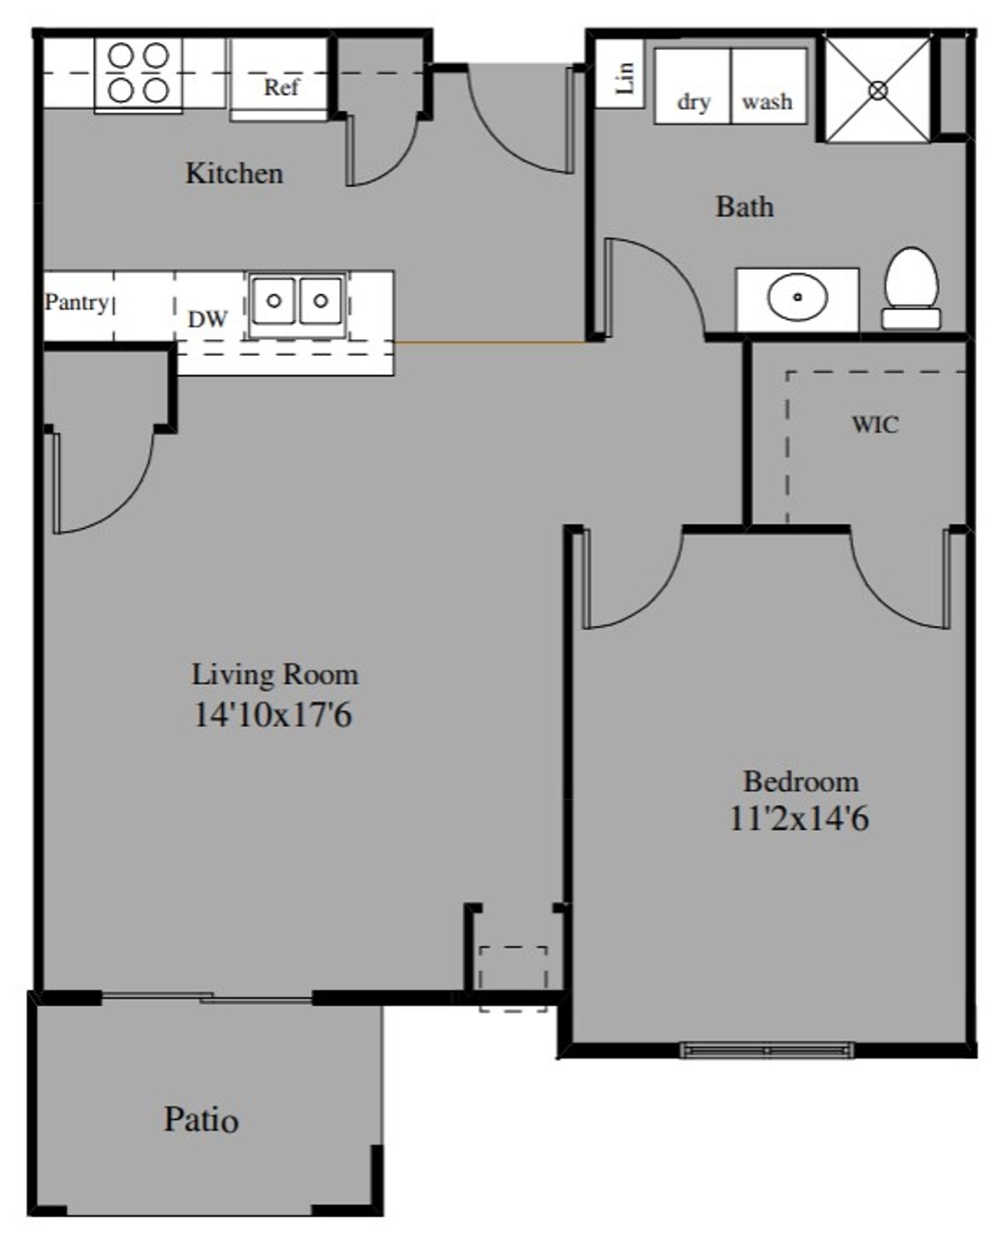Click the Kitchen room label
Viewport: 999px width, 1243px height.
pyautogui.click(x=234, y=174)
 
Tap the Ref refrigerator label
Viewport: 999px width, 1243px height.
pyautogui.click(x=281, y=87)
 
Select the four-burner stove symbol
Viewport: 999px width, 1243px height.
pyautogui.click(x=139, y=73)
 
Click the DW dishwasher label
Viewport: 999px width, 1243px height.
pyautogui.click(x=208, y=319)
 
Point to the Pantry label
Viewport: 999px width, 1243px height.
pyautogui.click(x=76, y=302)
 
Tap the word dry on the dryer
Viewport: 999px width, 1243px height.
pyautogui.click(x=693, y=102)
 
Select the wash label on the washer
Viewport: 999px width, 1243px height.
pyautogui.click(x=767, y=102)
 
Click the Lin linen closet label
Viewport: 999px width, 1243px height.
pyautogui.click(x=625, y=77)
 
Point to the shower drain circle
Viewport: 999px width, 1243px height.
pyautogui.click(x=878, y=90)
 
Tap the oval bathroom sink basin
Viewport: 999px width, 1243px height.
pyautogui.click(x=797, y=297)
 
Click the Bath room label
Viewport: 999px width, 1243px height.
pyautogui.click(x=744, y=207)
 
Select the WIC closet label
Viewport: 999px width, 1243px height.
pyautogui.click(x=875, y=425)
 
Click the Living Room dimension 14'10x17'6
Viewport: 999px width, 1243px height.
pyautogui.click(x=273, y=715)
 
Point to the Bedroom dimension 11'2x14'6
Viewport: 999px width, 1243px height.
pyautogui.click(x=799, y=818)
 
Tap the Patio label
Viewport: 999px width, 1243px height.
pyautogui.click(x=201, y=1119)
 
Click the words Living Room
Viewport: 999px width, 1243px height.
pyautogui.click(x=275, y=675)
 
